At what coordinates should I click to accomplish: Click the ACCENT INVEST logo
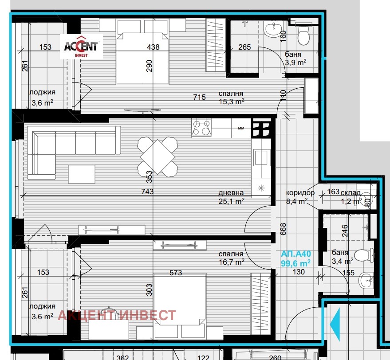(x=82, y=47)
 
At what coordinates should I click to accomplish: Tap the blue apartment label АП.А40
(x=296, y=254)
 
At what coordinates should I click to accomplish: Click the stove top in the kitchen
(x=201, y=128)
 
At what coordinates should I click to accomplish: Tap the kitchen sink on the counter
(x=261, y=157)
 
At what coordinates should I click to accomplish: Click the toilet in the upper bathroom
(x=304, y=37)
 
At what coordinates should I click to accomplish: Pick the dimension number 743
(x=147, y=192)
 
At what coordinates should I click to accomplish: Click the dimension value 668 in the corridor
(x=284, y=228)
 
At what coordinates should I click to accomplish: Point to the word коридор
(x=300, y=193)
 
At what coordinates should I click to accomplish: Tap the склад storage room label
(x=351, y=193)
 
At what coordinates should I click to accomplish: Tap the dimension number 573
(x=176, y=273)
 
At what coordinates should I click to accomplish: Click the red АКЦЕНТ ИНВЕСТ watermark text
(x=117, y=315)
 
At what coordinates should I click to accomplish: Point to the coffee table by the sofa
(x=82, y=173)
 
